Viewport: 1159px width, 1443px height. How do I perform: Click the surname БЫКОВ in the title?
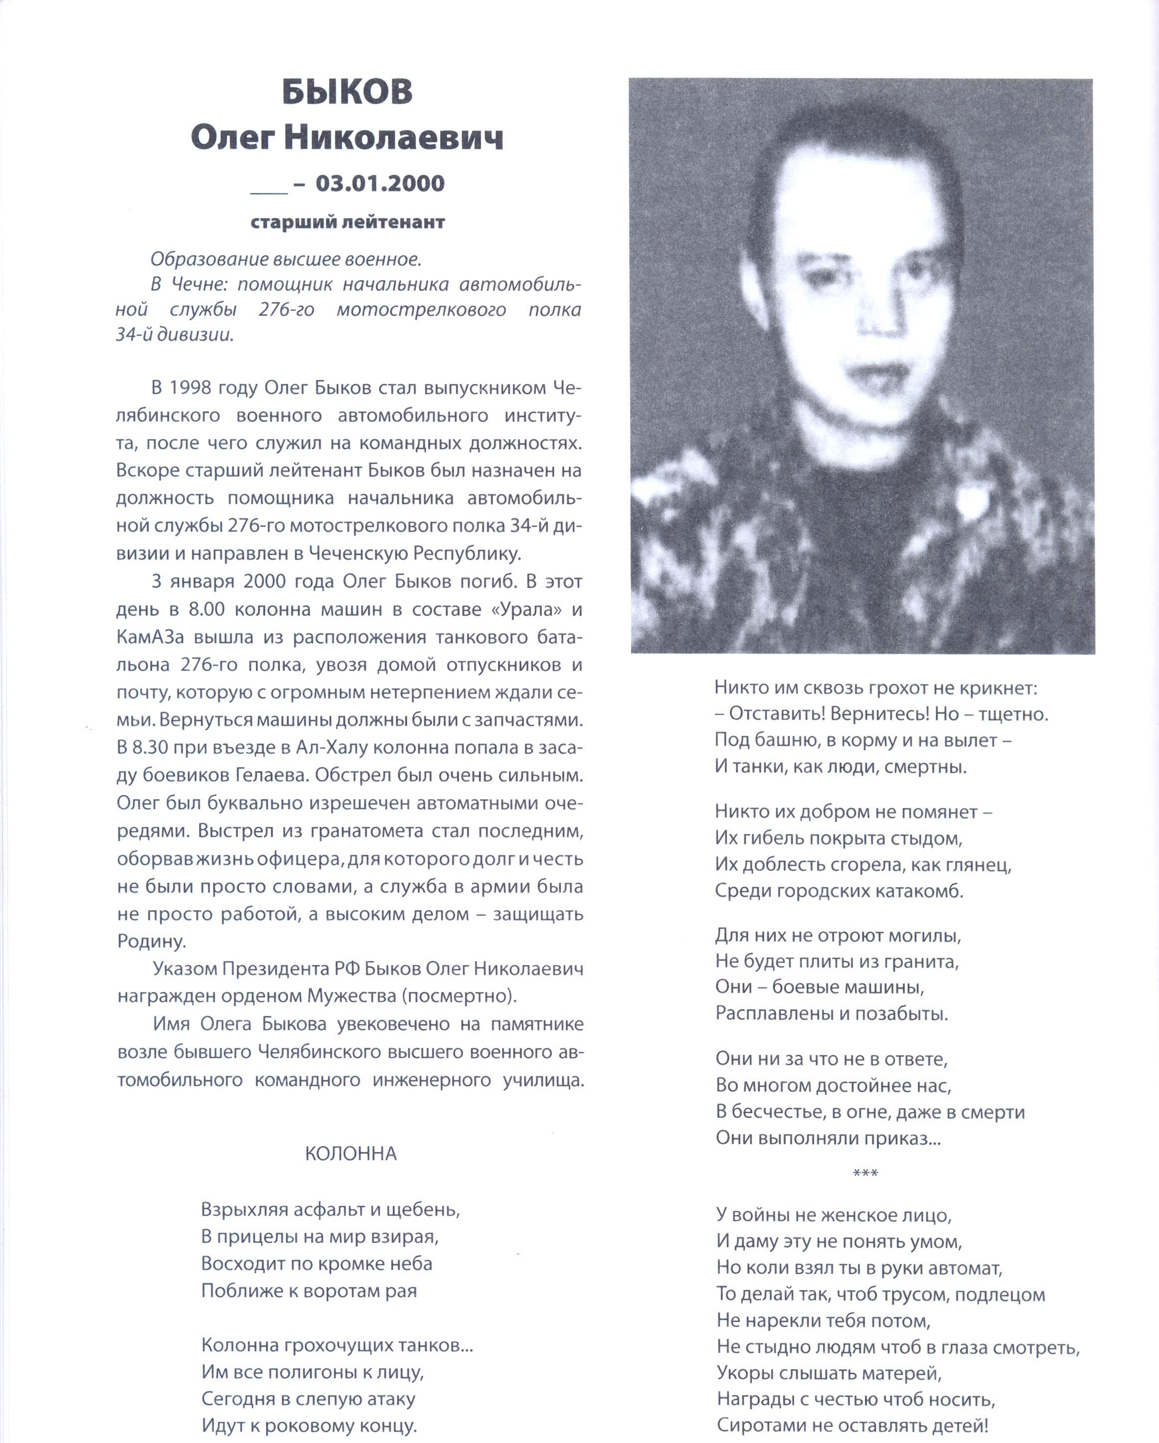[x=347, y=92]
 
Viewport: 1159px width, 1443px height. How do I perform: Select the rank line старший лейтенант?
[x=347, y=222]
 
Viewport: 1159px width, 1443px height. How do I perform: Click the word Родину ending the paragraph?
[x=151, y=942]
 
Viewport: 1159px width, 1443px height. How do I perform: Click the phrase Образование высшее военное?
[x=286, y=259]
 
